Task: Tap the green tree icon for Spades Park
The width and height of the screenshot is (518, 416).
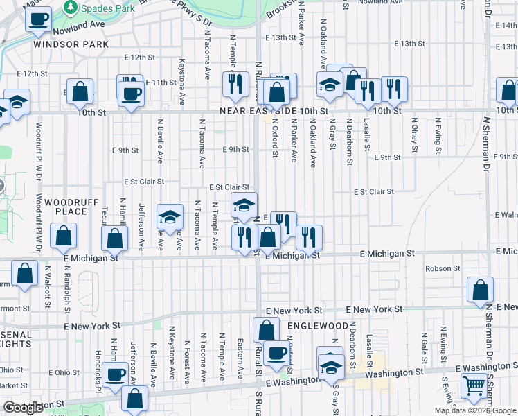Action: [x=70, y=6]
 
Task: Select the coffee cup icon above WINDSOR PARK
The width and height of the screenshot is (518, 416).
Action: [x=39, y=18]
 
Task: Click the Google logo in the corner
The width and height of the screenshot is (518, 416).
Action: [x=24, y=408]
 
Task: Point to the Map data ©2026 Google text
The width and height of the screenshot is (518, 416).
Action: [x=475, y=410]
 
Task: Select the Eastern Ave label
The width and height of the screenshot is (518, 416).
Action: [x=240, y=358]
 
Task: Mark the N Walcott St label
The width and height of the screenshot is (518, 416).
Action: [x=48, y=285]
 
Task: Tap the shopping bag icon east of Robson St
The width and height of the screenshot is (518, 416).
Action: [x=480, y=290]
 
